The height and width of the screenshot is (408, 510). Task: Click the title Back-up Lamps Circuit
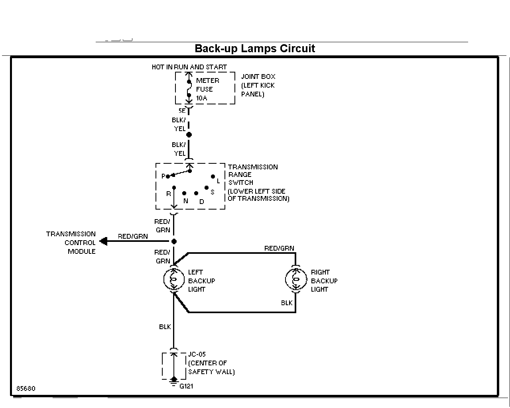(x=255, y=49)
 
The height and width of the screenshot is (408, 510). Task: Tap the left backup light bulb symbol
(x=174, y=279)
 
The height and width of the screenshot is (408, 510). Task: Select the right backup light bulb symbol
(x=295, y=279)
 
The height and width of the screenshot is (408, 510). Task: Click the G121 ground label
(x=186, y=386)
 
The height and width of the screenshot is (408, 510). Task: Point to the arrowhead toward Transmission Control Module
(x=104, y=241)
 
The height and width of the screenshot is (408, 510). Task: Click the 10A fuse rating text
(x=202, y=98)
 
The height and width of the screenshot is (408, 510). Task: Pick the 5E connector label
(x=182, y=111)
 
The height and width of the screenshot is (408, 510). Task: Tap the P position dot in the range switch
(x=168, y=177)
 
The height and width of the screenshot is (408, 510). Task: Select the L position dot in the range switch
(x=213, y=177)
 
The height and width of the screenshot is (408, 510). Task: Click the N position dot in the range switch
(x=184, y=193)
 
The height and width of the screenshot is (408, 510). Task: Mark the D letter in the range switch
(x=202, y=202)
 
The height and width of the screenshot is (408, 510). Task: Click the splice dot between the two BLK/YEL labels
(x=189, y=135)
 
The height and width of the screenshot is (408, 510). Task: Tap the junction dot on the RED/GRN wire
(x=174, y=241)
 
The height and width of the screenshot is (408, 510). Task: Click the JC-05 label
(x=197, y=354)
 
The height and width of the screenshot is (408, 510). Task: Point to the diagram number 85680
(x=26, y=388)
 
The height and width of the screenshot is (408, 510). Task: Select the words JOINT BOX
(x=258, y=77)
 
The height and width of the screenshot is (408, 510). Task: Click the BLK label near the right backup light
(x=287, y=303)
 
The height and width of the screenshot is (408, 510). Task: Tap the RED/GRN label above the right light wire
(x=279, y=248)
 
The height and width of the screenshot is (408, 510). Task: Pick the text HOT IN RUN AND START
(x=189, y=67)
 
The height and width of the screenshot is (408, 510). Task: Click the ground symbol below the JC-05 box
(x=174, y=382)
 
